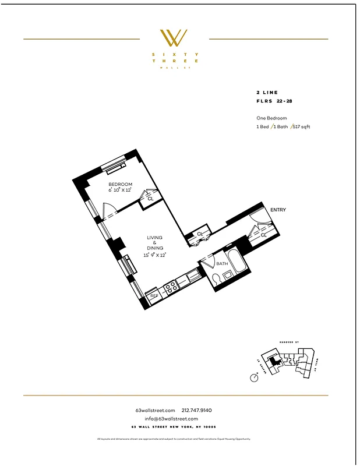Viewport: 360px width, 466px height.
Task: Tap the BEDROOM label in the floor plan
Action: (x=120, y=184)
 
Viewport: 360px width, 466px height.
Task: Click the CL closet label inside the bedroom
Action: (x=150, y=199)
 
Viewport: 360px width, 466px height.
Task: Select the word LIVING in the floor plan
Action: (x=154, y=238)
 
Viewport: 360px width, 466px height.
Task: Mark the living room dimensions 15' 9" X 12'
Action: (x=154, y=255)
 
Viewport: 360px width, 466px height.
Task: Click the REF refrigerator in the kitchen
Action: (x=154, y=296)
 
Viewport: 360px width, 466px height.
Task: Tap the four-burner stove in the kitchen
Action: (x=171, y=286)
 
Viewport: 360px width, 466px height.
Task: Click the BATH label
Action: (x=222, y=264)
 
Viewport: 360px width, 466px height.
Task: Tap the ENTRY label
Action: (x=277, y=210)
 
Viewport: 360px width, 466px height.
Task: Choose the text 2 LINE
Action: (x=267, y=92)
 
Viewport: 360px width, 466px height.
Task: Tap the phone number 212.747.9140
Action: (x=201, y=411)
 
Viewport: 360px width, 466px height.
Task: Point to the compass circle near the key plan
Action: (x=254, y=377)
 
